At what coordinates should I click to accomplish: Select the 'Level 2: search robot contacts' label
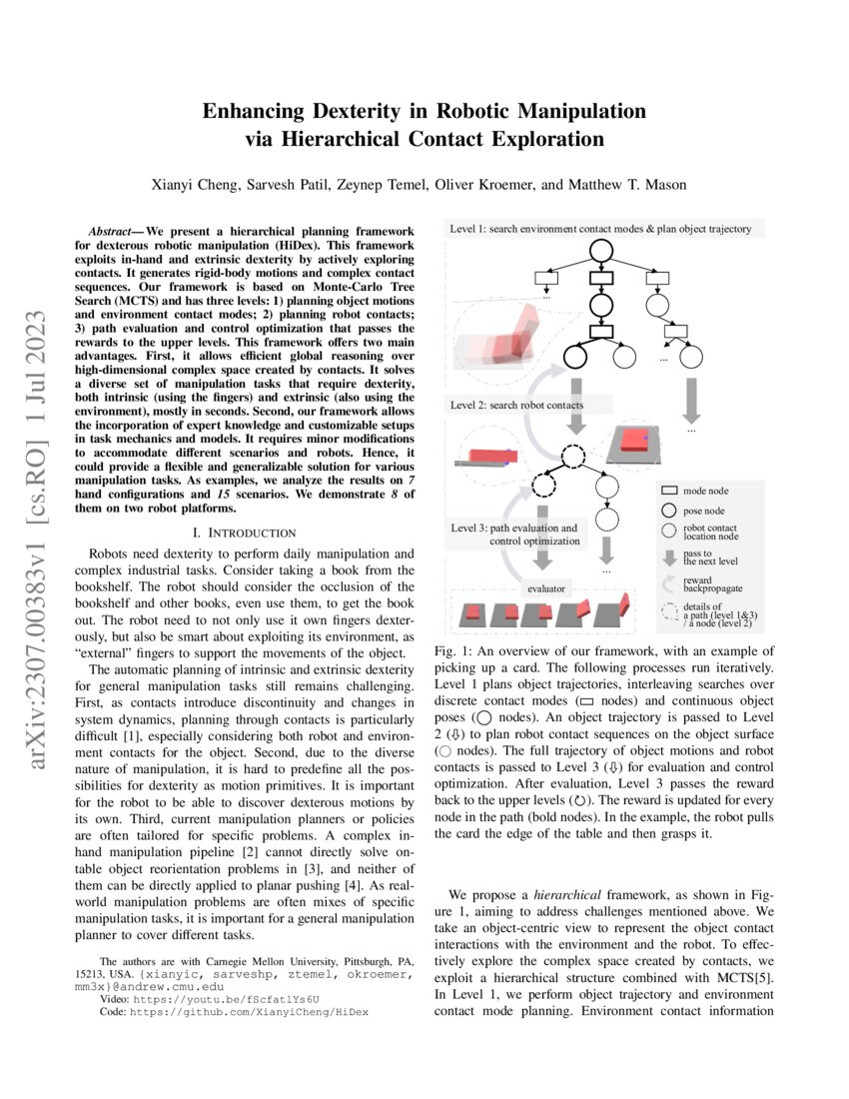[516, 405]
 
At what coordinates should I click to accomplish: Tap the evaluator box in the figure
[547, 589]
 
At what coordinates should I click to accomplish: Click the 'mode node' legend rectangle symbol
[669, 492]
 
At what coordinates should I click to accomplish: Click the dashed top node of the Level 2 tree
[573, 457]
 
